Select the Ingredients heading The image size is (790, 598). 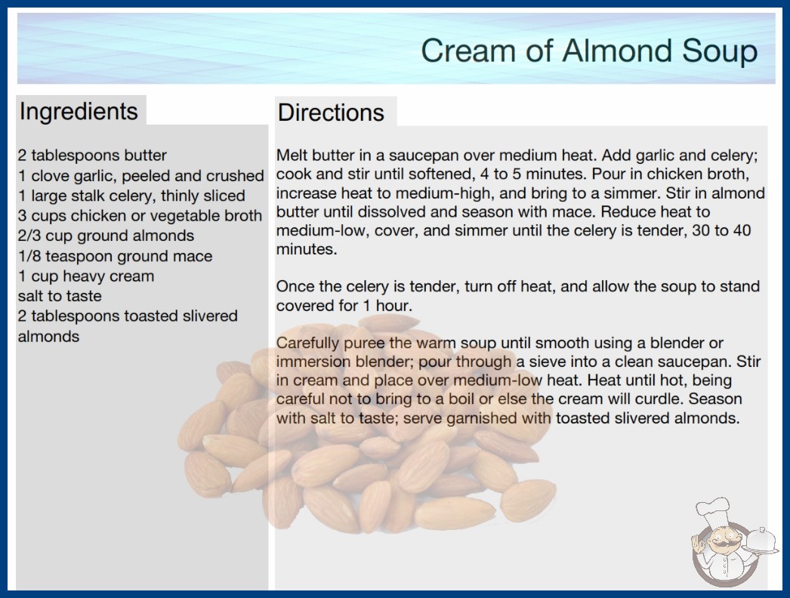(x=79, y=111)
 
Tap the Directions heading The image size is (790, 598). (x=331, y=113)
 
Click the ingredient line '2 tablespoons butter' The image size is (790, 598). (x=92, y=156)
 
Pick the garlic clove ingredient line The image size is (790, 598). (x=141, y=175)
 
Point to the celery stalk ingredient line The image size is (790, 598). (x=131, y=196)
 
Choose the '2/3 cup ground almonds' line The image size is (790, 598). (x=106, y=236)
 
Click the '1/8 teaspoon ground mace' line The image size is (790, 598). (x=115, y=256)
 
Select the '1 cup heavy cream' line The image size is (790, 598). (x=86, y=276)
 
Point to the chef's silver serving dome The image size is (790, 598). (x=761, y=541)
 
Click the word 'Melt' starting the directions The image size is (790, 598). (x=292, y=156)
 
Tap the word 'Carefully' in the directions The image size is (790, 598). (x=308, y=344)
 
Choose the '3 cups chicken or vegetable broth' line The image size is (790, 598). (x=140, y=216)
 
